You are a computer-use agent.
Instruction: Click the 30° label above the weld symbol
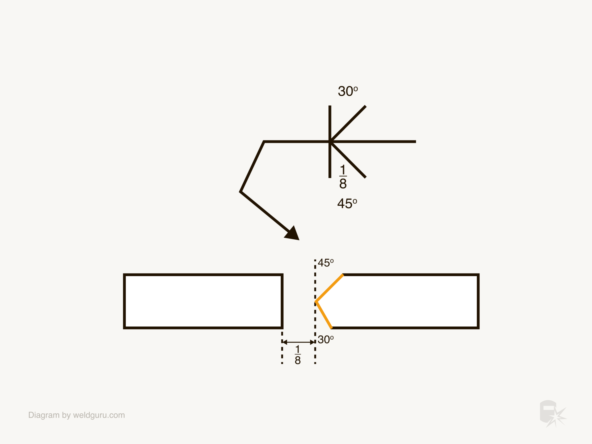[348, 91]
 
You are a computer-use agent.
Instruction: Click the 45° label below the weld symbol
[347, 203]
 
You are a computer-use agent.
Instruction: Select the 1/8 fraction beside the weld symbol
[343, 177]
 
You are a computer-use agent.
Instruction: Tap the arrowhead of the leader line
[293, 234]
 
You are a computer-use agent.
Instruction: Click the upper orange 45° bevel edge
[330, 288]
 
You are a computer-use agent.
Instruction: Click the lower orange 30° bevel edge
[324, 315]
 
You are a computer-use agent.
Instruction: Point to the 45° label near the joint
[325, 263]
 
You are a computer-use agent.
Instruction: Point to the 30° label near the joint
[325, 339]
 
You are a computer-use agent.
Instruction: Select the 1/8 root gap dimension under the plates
[298, 355]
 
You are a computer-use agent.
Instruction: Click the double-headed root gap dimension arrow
[299, 342]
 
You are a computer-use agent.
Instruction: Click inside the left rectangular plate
[203, 301]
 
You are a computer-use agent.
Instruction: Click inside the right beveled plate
[405, 301]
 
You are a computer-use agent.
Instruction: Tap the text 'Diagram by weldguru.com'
[77, 415]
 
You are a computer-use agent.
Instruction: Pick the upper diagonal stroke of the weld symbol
[348, 124]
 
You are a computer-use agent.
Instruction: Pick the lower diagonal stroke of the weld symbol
[348, 160]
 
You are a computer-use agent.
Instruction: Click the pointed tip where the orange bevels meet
[316, 301]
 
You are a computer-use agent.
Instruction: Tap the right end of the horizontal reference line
[415, 142]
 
